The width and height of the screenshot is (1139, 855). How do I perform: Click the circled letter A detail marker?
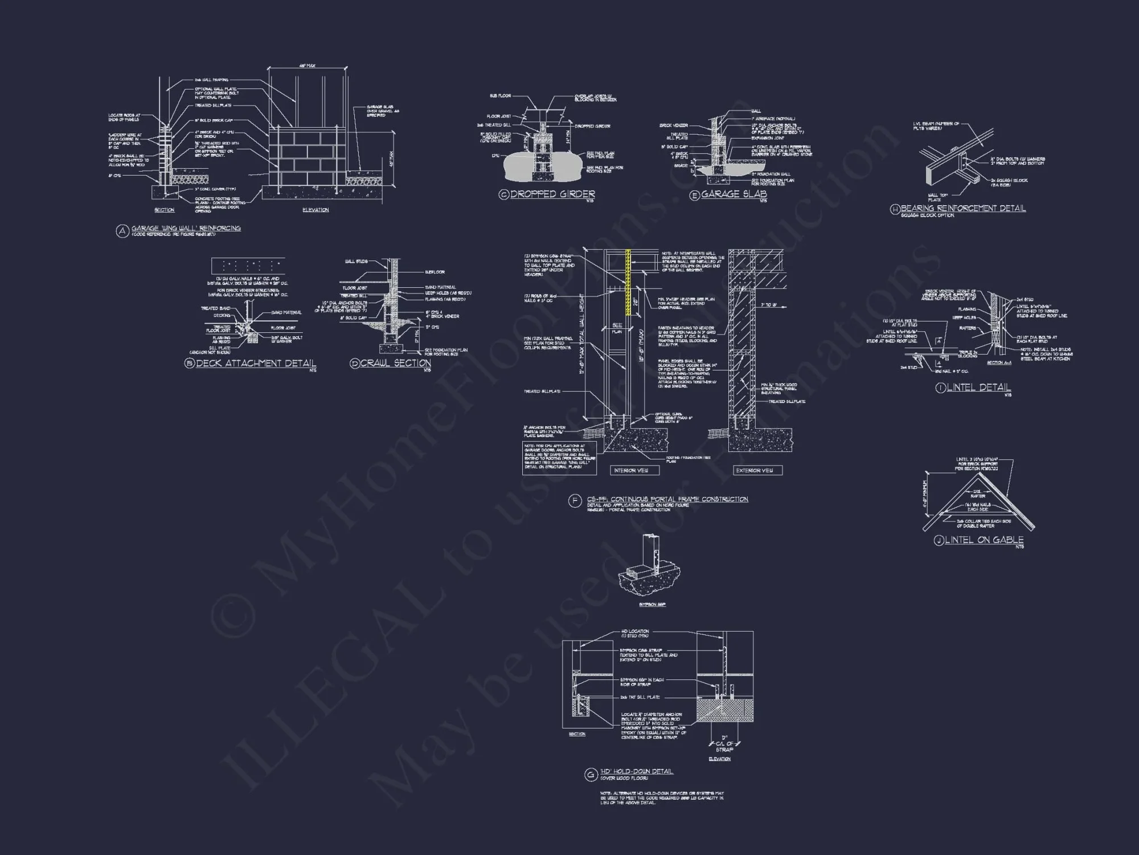point(122,231)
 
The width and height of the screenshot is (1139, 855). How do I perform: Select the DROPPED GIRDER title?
point(552,194)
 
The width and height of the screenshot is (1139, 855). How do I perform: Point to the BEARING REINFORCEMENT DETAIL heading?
point(963,209)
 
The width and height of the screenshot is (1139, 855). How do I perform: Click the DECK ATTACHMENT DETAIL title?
point(256,364)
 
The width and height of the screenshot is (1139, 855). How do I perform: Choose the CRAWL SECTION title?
point(395,364)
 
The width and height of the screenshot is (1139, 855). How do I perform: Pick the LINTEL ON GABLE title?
point(984,540)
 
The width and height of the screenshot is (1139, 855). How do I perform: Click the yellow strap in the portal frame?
point(628,282)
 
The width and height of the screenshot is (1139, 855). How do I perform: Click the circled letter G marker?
point(590,775)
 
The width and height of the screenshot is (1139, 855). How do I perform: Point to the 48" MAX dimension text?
point(307,66)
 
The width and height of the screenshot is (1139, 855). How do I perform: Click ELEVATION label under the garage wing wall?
point(316,210)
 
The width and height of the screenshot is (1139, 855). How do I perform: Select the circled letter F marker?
point(575,501)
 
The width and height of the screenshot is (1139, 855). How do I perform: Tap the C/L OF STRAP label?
point(724,747)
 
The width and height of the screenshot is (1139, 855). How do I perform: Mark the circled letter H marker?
point(895,210)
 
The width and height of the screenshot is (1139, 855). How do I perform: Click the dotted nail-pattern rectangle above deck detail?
point(248,266)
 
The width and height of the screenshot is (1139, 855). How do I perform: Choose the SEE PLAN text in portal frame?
point(617,328)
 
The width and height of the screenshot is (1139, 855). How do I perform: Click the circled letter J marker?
point(939,540)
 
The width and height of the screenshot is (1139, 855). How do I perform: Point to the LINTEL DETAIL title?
point(978,388)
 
